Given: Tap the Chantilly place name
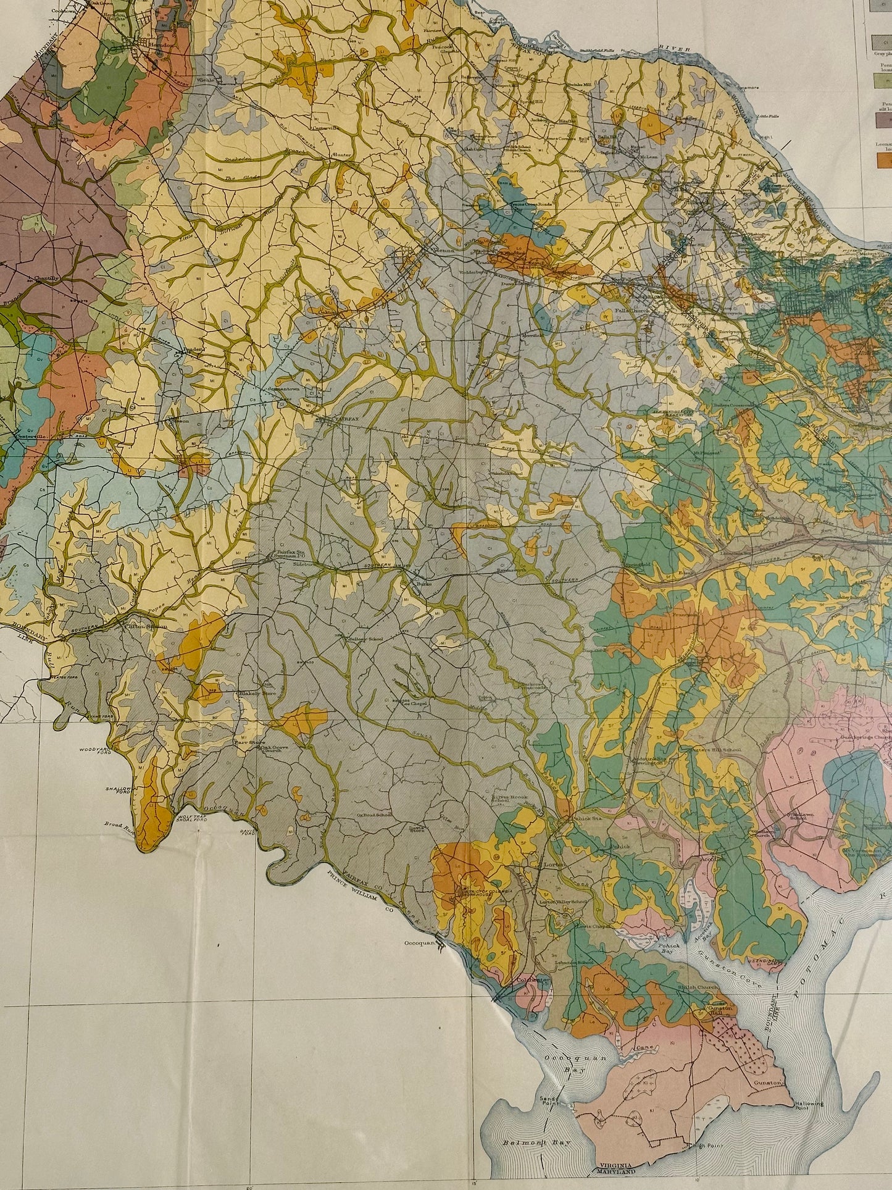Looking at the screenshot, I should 46,279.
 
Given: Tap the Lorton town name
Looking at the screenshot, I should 554,865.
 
